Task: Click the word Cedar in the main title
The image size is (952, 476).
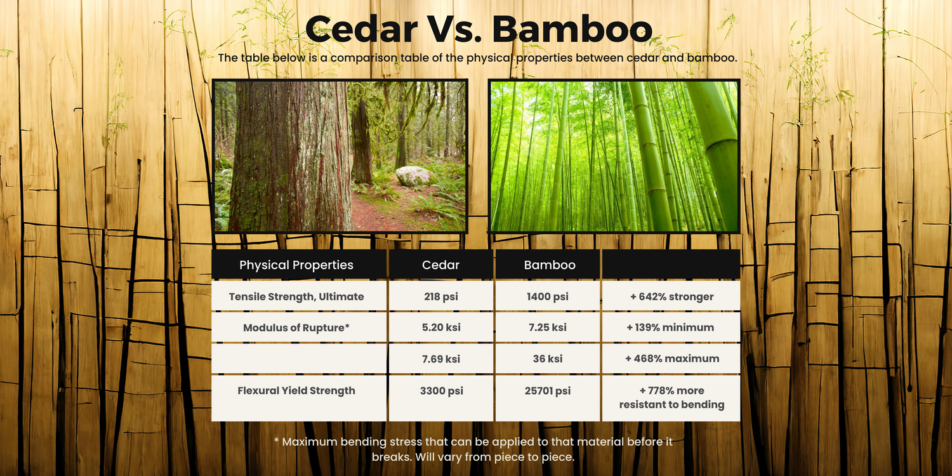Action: coord(362,29)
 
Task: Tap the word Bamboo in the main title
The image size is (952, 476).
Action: coord(572,29)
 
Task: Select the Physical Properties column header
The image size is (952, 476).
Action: coord(296,265)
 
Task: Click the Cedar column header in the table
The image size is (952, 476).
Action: coord(440,265)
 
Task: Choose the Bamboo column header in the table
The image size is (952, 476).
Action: coord(550,265)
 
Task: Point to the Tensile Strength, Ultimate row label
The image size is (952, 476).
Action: coord(296,296)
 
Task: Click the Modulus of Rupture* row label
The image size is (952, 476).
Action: coord(296,327)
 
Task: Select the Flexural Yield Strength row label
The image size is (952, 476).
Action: coord(296,390)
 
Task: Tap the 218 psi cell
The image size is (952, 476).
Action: coord(441,296)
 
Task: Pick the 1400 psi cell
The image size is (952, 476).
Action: coord(548,296)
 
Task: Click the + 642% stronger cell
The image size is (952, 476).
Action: coord(671,296)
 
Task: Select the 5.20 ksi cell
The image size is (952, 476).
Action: coord(441,327)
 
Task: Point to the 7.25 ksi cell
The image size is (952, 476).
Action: coord(548,327)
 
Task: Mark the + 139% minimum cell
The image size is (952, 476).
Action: coord(671,327)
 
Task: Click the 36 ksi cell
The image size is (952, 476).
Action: coord(548,359)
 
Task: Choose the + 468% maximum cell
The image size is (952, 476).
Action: coord(672,359)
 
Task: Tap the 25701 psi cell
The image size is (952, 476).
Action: coord(548,390)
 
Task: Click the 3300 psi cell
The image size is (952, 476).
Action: coord(442,390)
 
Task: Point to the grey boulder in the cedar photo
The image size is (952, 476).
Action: coord(413,176)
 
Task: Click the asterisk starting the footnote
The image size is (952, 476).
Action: coord(276,440)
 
